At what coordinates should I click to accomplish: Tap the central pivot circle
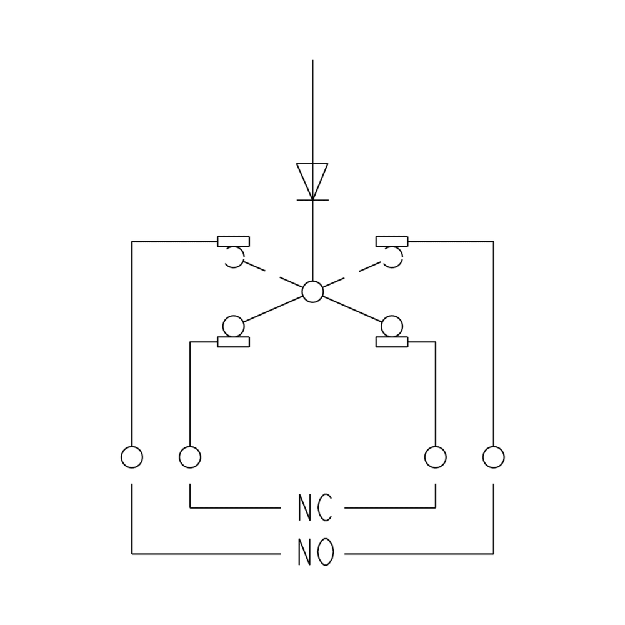point(312,292)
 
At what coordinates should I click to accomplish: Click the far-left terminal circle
point(132,457)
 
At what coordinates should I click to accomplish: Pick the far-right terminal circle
point(493,457)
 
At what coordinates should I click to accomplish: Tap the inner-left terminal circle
point(190,457)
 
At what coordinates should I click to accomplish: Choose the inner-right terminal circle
point(435,457)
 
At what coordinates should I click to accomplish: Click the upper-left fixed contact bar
point(233,241)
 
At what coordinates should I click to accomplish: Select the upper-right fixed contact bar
point(392,241)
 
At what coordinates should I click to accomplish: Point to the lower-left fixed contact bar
point(233,342)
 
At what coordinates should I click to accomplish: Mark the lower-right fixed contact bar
point(392,342)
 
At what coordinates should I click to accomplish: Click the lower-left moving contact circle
point(233,326)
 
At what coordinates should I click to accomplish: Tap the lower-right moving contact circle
point(392,326)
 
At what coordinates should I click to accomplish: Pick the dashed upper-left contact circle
point(233,257)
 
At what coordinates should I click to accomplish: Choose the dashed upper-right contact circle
point(392,257)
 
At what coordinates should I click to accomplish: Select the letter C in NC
point(324,508)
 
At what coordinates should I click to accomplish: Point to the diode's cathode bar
point(312,200)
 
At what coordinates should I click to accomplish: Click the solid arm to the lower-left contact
point(273,309)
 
